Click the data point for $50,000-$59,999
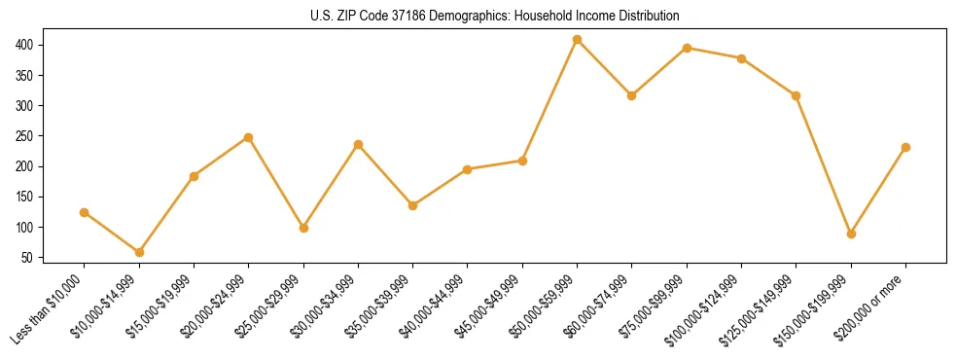tap(577, 40)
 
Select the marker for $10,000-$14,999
tap(139, 252)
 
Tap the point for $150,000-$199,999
tap(851, 234)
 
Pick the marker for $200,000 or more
tap(905, 147)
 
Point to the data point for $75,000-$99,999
tap(687, 48)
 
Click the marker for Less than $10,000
tap(85, 212)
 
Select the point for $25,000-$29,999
tap(303, 228)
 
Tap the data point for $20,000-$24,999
tap(249, 137)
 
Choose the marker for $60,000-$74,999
tap(632, 95)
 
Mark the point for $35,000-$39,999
tap(412, 205)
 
